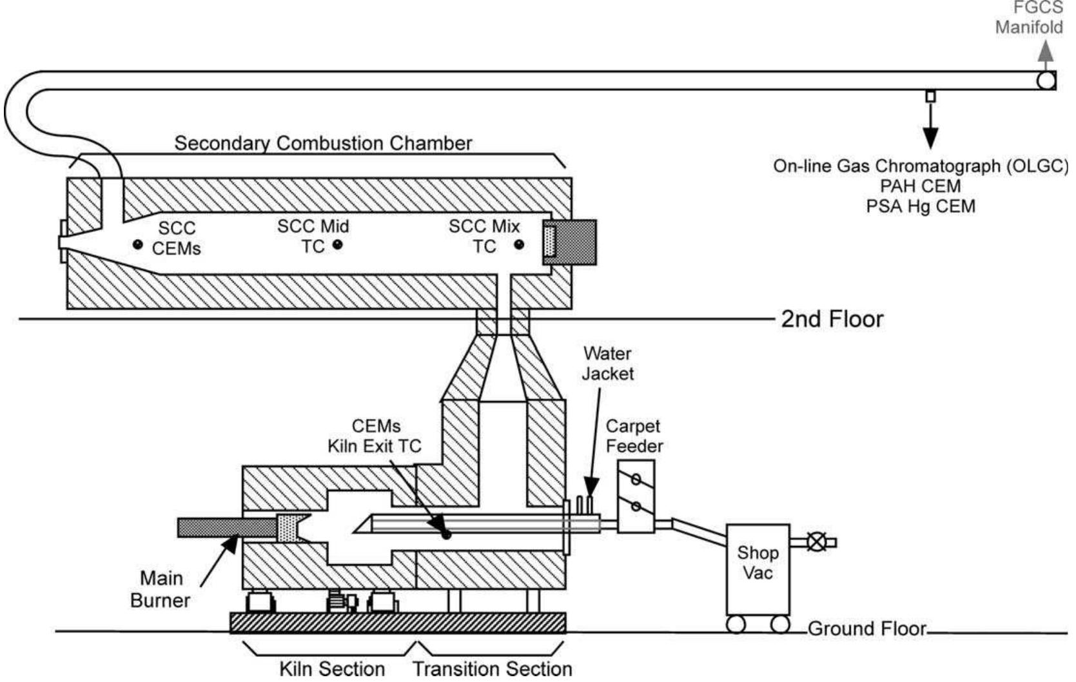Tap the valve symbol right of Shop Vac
tap(817, 542)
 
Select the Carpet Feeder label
tap(634, 436)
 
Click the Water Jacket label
tap(607, 364)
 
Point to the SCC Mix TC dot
tap(519, 245)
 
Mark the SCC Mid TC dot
tap(337, 245)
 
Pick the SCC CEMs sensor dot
tap(137, 244)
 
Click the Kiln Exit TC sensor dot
tap(445, 534)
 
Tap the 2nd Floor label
tap(832, 319)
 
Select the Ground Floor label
tap(866, 628)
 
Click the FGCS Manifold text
tap(1030, 18)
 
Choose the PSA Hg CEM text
tap(921, 206)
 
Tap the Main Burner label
tap(161, 589)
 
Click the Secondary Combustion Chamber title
tap(323, 143)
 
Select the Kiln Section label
tap(331, 668)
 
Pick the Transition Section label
tap(493, 668)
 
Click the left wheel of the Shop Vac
tap(736, 624)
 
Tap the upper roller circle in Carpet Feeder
tap(636, 480)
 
